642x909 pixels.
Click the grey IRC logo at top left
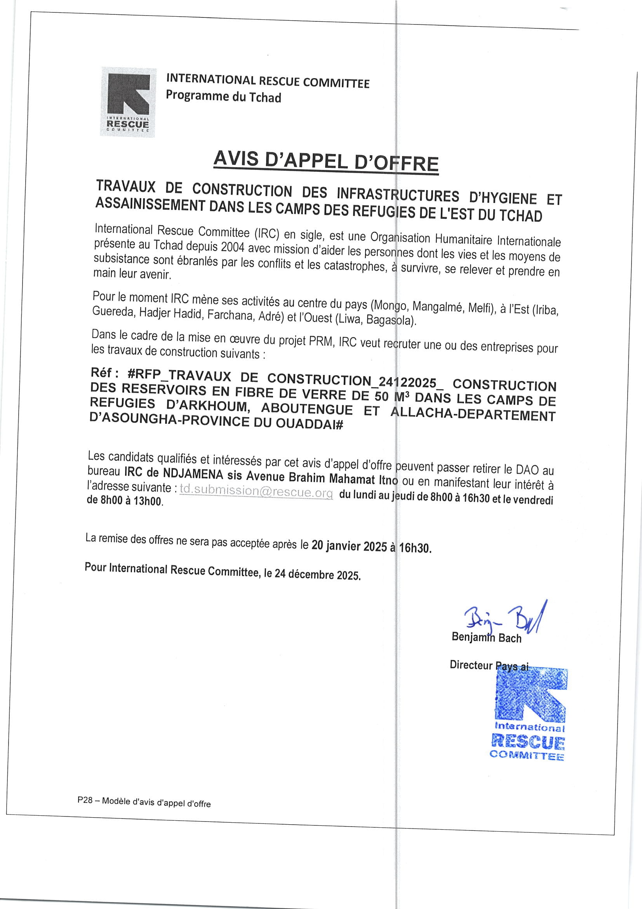click(128, 102)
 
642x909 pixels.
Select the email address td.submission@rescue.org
click(256, 491)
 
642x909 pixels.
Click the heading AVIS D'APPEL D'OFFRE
click(325, 161)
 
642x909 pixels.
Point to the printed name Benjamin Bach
click(486, 637)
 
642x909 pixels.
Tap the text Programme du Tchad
click(223, 96)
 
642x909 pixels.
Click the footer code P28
click(85, 800)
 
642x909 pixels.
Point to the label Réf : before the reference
click(104, 373)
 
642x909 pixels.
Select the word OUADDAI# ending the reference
click(309, 423)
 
